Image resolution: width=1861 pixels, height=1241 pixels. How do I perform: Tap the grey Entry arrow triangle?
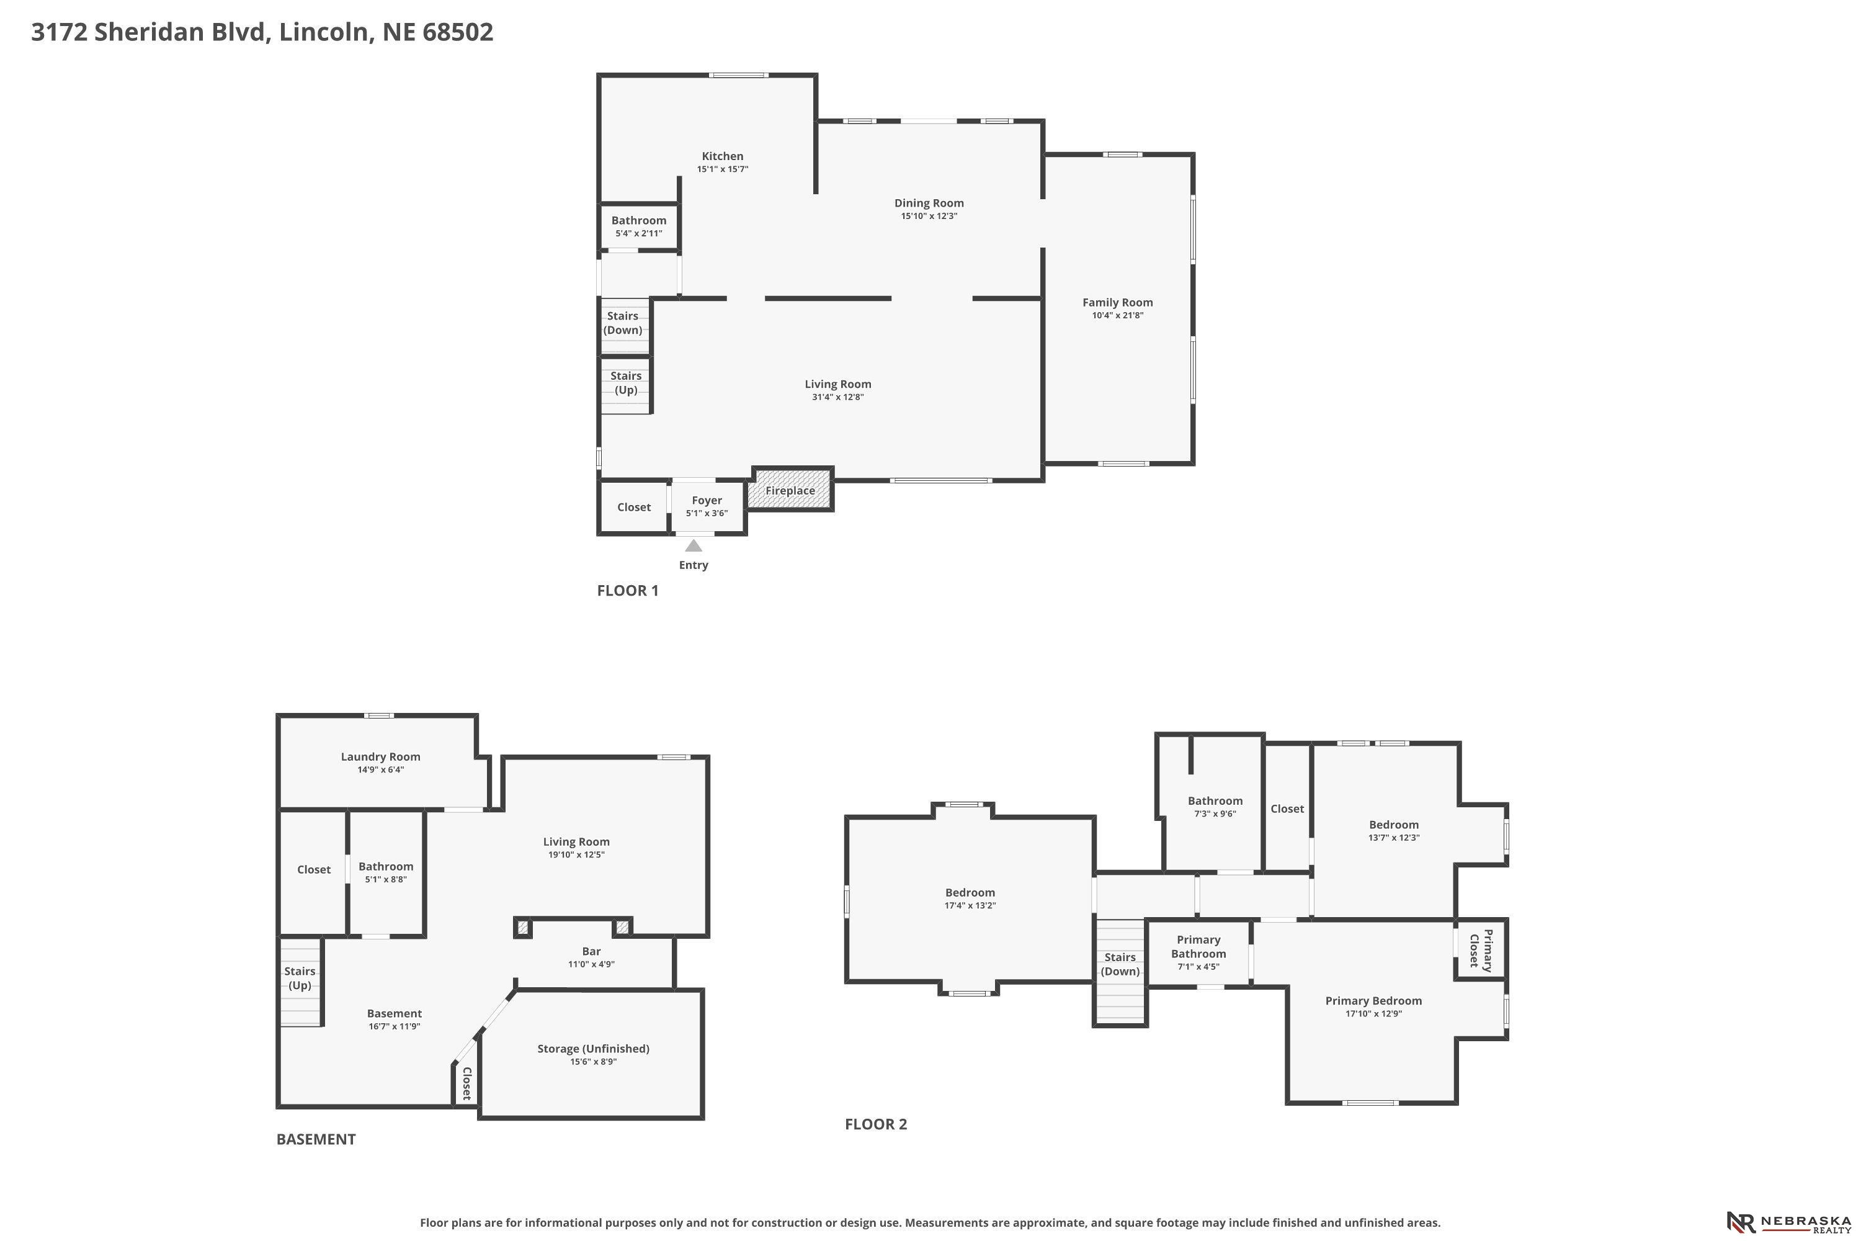tap(693, 545)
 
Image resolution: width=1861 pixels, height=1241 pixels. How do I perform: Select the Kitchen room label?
tap(723, 156)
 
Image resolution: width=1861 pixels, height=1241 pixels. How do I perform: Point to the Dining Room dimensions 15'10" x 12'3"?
tap(929, 216)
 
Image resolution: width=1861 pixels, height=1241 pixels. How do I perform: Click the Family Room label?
tap(1117, 302)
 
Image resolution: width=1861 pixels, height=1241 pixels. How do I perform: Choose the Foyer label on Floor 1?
tap(707, 500)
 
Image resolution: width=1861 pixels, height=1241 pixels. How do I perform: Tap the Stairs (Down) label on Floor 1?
tap(623, 323)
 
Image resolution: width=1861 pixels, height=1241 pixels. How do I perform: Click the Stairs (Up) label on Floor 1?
tap(626, 382)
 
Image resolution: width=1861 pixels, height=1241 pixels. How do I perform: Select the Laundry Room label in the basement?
tap(381, 756)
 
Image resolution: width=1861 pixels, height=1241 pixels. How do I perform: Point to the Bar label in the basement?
tap(591, 951)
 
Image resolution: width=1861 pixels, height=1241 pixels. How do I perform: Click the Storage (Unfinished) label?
tap(594, 1049)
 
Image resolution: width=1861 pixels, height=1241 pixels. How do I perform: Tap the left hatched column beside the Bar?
tap(523, 927)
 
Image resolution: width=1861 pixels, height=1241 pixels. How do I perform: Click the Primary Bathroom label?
tap(1198, 947)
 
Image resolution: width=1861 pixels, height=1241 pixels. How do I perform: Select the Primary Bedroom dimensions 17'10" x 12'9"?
tap(1373, 1013)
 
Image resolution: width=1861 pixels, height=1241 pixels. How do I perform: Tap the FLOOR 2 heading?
tap(876, 1124)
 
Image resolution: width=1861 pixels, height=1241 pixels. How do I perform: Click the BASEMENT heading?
tap(316, 1139)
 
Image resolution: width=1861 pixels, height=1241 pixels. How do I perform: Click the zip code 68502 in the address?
tap(458, 32)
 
